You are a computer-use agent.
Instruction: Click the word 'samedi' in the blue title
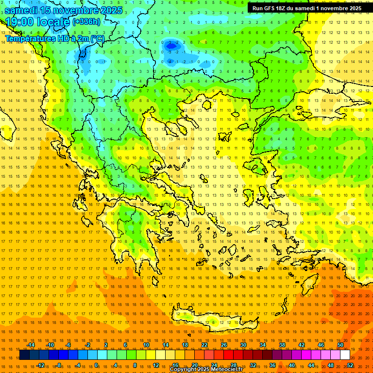point(21,10)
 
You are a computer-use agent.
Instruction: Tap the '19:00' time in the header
point(20,22)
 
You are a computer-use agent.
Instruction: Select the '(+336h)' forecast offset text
point(86,21)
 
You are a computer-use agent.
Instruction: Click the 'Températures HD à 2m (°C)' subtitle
point(54,38)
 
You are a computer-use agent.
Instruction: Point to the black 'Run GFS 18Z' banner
point(306,8)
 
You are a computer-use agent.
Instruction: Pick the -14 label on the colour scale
point(30,345)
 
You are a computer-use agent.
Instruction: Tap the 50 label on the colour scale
point(340,345)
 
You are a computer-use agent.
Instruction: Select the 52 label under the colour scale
point(350,365)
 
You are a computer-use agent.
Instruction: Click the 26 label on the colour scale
point(224,345)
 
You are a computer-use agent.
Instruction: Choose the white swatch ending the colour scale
point(345,355)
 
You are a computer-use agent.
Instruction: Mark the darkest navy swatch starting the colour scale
point(24,355)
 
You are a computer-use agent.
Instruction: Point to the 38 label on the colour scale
point(282,345)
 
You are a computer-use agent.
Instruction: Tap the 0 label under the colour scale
point(96,365)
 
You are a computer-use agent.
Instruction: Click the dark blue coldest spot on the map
point(171,46)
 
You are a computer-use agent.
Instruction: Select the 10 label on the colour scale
point(146,345)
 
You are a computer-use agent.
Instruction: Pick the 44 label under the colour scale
point(311,365)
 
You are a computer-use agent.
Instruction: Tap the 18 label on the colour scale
point(185,345)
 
